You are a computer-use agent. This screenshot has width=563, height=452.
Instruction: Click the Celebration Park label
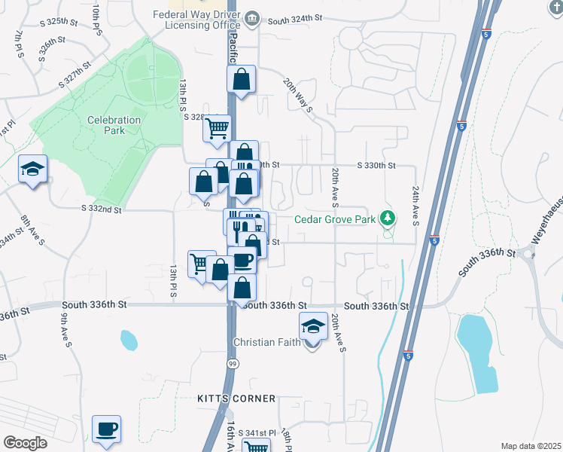(x=114, y=125)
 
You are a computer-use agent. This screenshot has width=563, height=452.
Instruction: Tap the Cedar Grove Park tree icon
(x=388, y=218)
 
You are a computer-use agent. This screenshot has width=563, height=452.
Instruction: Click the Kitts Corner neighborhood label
(x=236, y=398)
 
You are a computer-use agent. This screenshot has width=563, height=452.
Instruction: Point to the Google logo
(x=25, y=443)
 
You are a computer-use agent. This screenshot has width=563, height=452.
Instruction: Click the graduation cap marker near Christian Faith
(x=313, y=326)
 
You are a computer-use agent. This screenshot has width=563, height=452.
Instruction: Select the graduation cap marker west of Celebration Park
(x=33, y=169)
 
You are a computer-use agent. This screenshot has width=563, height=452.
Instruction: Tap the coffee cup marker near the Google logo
(x=106, y=429)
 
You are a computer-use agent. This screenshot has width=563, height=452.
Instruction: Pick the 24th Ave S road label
(x=415, y=206)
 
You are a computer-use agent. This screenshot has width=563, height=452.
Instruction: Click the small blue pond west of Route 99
(x=129, y=341)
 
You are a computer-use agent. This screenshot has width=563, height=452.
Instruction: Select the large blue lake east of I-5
(x=478, y=352)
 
